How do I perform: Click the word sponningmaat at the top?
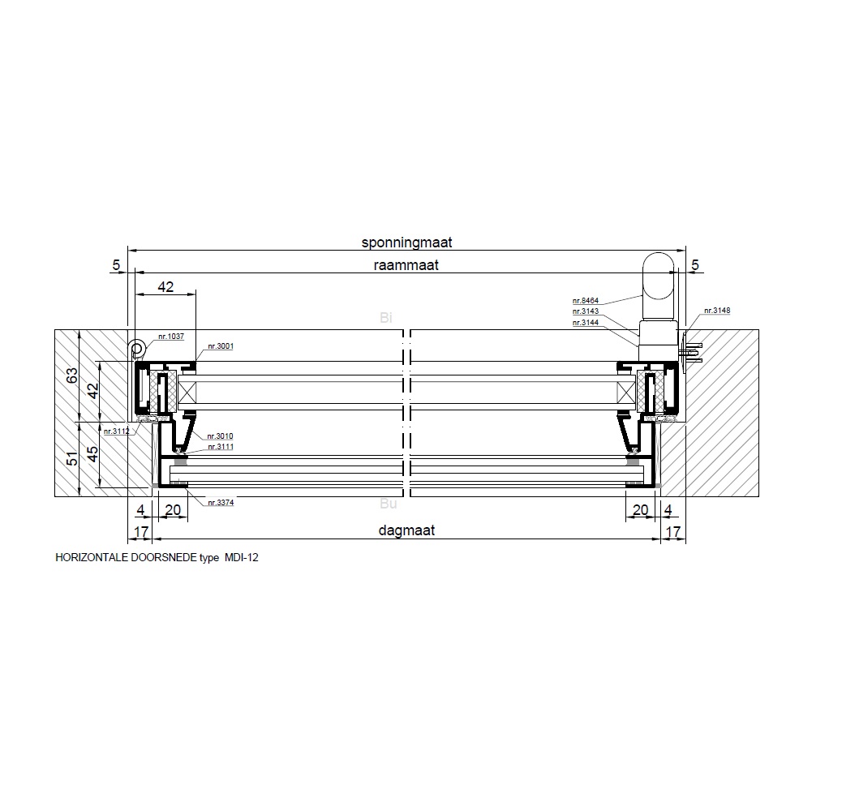[x=406, y=242]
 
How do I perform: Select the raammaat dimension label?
[x=406, y=265]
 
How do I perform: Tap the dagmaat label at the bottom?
[x=406, y=530]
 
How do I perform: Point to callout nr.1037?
[x=171, y=337]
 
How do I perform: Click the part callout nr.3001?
[x=221, y=346]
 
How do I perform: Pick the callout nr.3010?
[x=220, y=436]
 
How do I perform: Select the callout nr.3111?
[x=220, y=447]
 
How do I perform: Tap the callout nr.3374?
[x=221, y=503]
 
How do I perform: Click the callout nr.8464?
[x=586, y=301]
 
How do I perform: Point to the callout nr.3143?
[x=586, y=311]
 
